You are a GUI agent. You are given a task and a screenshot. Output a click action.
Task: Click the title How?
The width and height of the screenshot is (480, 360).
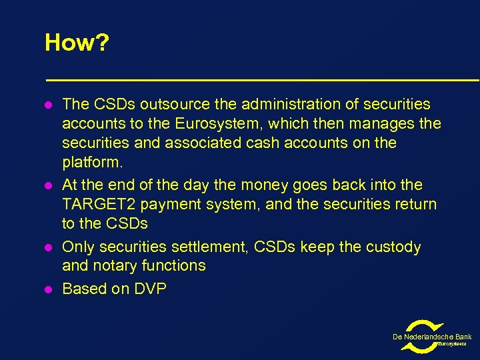[77, 43]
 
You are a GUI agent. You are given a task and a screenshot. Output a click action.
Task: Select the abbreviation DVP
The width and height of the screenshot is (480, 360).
[150, 289]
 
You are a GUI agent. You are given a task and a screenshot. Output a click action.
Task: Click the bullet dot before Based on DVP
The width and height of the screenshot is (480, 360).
[48, 289]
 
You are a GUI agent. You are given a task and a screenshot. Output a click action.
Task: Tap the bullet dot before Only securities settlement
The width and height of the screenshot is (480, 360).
[48, 248]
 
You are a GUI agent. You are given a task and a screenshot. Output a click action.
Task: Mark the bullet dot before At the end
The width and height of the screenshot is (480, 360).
[48, 185]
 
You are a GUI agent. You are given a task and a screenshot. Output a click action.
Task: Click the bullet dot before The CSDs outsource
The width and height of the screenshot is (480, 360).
[48, 105]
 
